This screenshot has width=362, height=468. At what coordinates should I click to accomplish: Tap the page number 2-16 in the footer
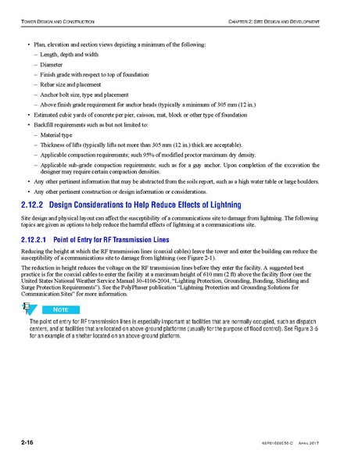tap(31, 443)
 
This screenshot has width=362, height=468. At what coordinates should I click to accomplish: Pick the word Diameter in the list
tap(54, 64)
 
